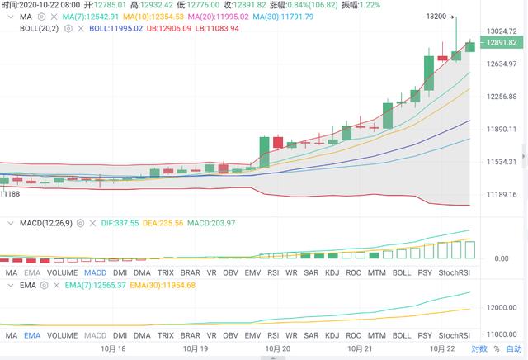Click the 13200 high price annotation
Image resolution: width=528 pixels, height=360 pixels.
436,16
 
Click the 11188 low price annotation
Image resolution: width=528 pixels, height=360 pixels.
11,193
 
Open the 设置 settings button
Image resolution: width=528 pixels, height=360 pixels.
478,349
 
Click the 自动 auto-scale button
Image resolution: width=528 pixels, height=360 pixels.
513,349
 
